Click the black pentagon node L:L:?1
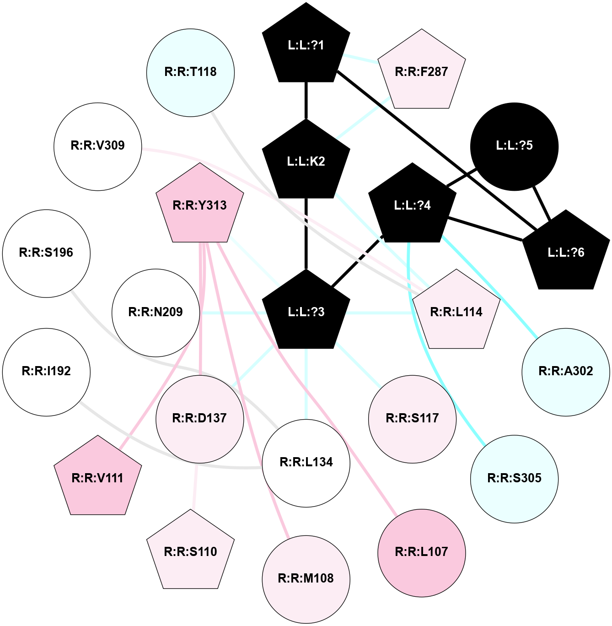306,45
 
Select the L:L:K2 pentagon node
306,161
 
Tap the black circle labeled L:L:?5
514,146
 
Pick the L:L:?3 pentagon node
306,312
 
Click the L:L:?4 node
412,205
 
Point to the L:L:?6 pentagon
566,252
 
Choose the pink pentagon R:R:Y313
200,205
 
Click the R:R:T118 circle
190,72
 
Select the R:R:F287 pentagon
421,71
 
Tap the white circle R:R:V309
98,146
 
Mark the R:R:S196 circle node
46,253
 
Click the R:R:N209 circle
156,313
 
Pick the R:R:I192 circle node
46,372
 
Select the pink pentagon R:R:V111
98,478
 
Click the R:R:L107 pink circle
421,552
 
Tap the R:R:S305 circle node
514,479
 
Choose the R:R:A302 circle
566,372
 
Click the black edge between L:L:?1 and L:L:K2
306,101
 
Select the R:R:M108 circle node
306,579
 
